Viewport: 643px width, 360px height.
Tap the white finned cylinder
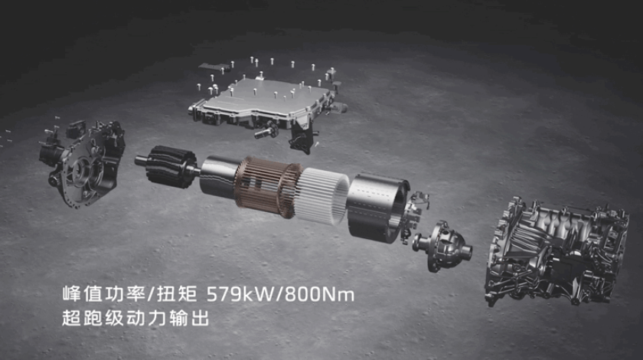(x=322, y=196)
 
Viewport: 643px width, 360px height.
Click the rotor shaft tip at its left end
(x=139, y=160)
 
